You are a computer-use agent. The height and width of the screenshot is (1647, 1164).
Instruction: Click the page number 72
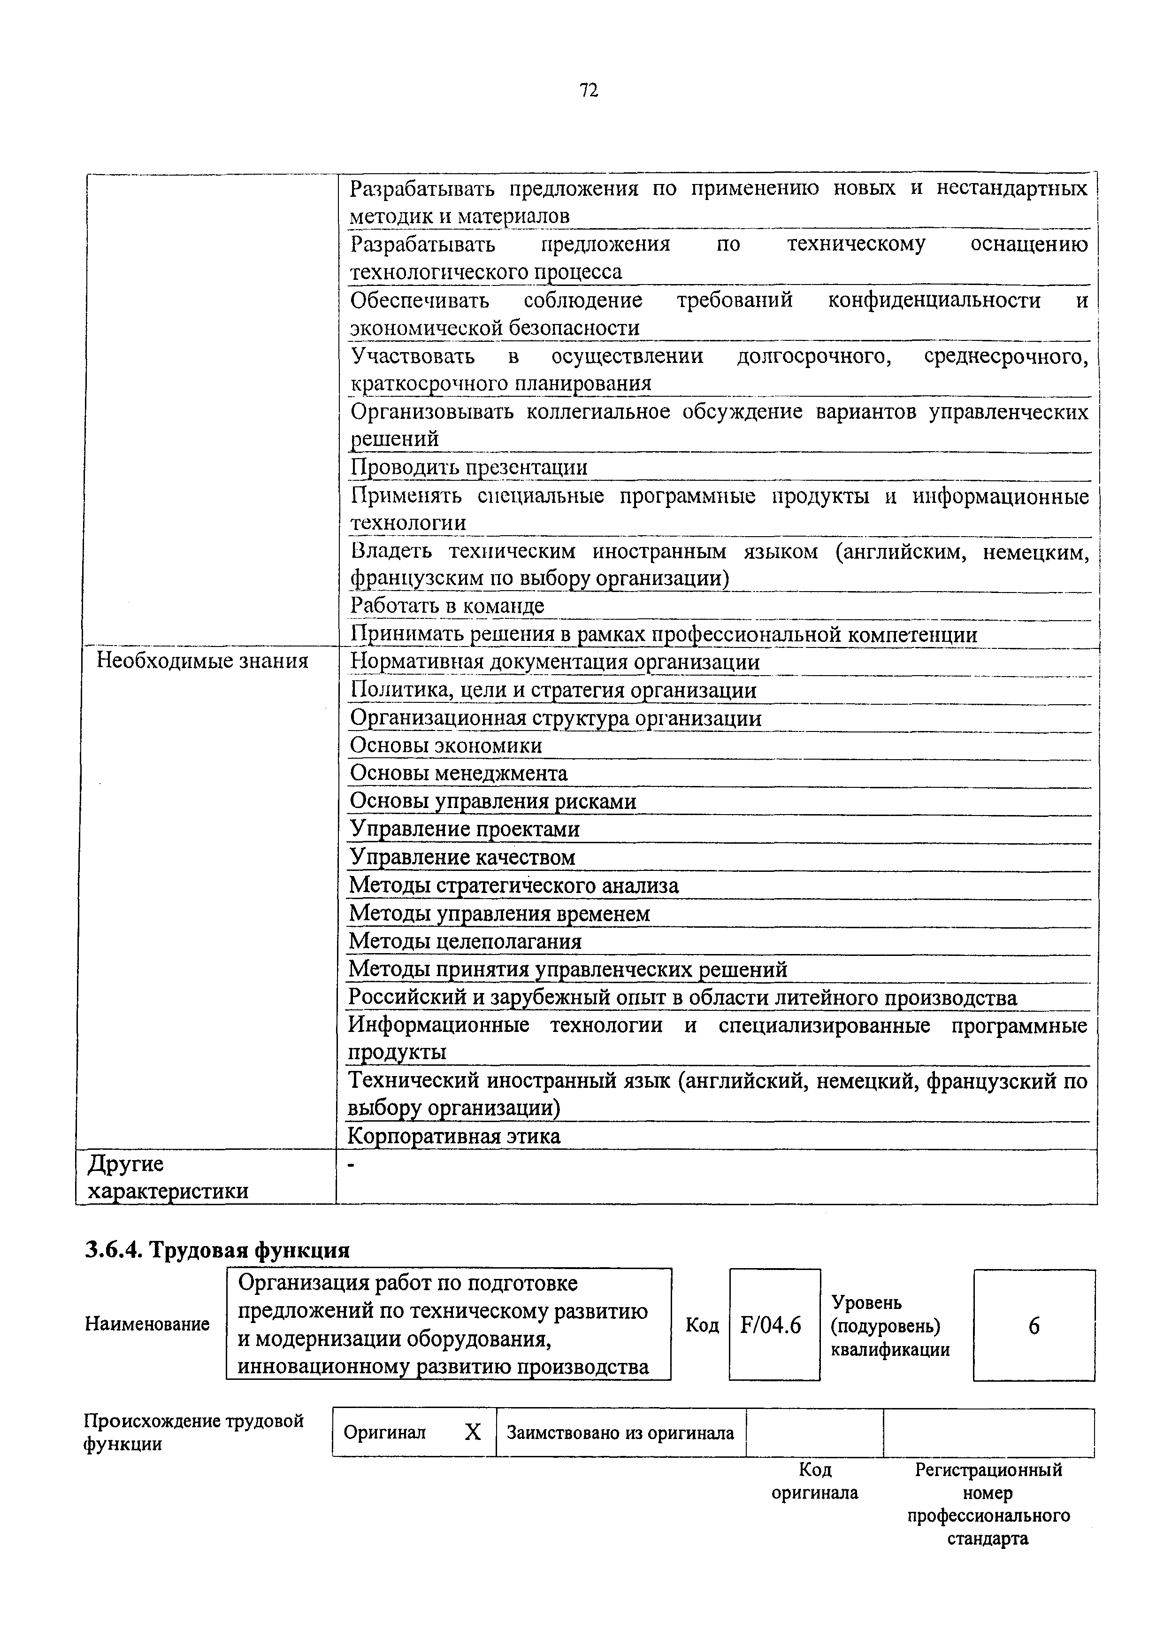click(x=588, y=91)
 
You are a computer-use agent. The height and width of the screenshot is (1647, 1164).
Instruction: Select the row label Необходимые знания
click(x=202, y=661)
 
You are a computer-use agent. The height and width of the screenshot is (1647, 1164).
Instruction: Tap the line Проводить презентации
click(x=468, y=467)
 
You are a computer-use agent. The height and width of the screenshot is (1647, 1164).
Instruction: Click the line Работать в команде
click(x=447, y=606)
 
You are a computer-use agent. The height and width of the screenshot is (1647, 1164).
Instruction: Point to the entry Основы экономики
click(x=445, y=745)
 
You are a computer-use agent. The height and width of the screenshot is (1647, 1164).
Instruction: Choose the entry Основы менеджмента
click(x=458, y=773)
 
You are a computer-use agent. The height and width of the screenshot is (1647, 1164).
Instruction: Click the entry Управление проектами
click(x=464, y=829)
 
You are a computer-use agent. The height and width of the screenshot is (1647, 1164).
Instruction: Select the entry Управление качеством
click(x=462, y=857)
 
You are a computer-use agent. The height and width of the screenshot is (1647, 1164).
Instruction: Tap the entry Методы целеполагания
click(x=465, y=941)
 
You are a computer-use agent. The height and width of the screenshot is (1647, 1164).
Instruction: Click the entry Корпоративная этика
click(x=454, y=1136)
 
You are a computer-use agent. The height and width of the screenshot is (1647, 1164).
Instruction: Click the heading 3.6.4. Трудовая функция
click(x=217, y=1250)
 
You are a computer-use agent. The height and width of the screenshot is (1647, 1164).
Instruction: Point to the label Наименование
click(x=147, y=1324)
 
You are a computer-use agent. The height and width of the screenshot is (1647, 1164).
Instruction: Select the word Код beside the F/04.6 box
click(x=701, y=1325)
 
